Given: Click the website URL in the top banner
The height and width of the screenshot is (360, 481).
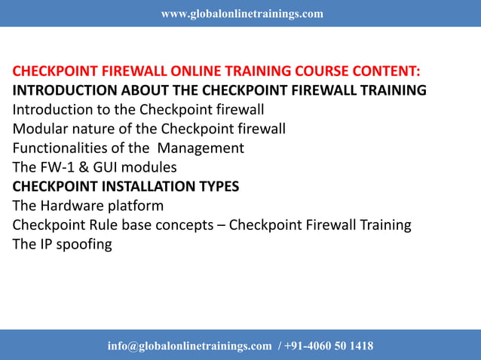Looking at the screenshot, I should pyautogui.click(x=242, y=14).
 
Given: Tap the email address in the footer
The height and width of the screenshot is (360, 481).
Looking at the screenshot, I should pyautogui.click(x=189, y=346).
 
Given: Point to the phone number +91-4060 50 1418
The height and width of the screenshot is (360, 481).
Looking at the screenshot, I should pyautogui.click(x=329, y=346).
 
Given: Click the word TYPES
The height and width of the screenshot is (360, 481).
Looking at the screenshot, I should pyautogui.click(x=216, y=186).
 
